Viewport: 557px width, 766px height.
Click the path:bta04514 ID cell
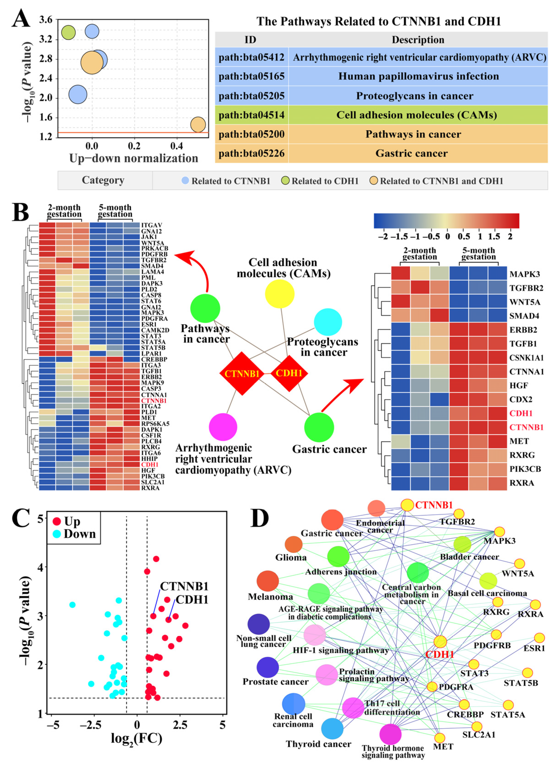(x=252, y=115)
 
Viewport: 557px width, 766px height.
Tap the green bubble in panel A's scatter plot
(x=68, y=33)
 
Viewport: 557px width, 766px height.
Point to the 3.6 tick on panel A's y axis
(x=46, y=20)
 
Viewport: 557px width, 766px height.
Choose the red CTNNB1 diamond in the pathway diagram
(x=242, y=374)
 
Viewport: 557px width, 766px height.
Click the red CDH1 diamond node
(x=289, y=373)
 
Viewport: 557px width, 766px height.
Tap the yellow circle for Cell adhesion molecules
(x=280, y=294)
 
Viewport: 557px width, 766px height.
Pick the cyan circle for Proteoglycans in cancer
(x=328, y=322)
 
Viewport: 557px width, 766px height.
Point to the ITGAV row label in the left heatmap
(x=152, y=225)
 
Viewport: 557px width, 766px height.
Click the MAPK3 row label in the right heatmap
(x=524, y=274)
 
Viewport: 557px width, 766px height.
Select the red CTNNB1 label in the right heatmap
(x=526, y=427)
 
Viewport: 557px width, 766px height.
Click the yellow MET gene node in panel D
(x=440, y=738)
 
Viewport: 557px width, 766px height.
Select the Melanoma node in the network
(x=268, y=581)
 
